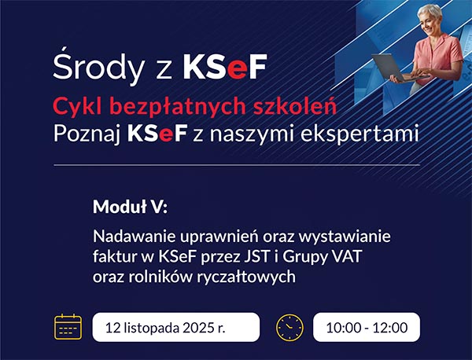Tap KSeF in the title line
coord(224,68)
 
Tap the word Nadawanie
coord(129,236)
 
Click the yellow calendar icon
coord(68,326)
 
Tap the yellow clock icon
coord(289,326)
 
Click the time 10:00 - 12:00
coord(366,327)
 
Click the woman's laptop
coord(393,66)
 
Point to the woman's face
coord(432,20)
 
